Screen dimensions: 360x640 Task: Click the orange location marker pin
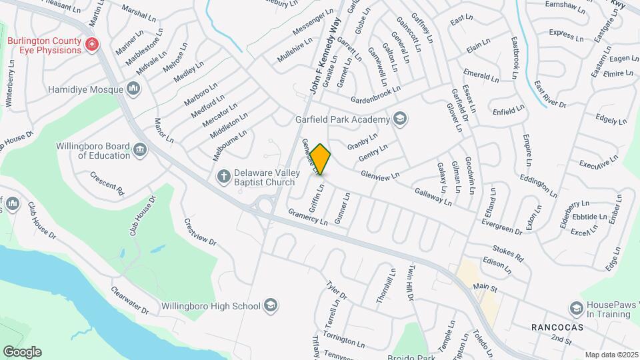[x=321, y=159]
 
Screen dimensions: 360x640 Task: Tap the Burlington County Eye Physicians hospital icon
[x=92, y=45]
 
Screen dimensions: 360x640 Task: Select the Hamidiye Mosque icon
[x=133, y=89]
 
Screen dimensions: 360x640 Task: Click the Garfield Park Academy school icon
[x=400, y=119]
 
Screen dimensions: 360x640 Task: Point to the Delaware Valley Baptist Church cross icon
[x=224, y=176]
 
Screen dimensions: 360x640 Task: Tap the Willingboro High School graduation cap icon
[x=271, y=305]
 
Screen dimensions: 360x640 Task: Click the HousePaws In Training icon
[x=576, y=308]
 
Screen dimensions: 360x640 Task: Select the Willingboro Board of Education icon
[x=141, y=150]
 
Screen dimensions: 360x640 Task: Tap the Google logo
[x=22, y=352]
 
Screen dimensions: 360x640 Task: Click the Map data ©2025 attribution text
[x=611, y=355]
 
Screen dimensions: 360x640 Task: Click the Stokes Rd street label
[x=508, y=253]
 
